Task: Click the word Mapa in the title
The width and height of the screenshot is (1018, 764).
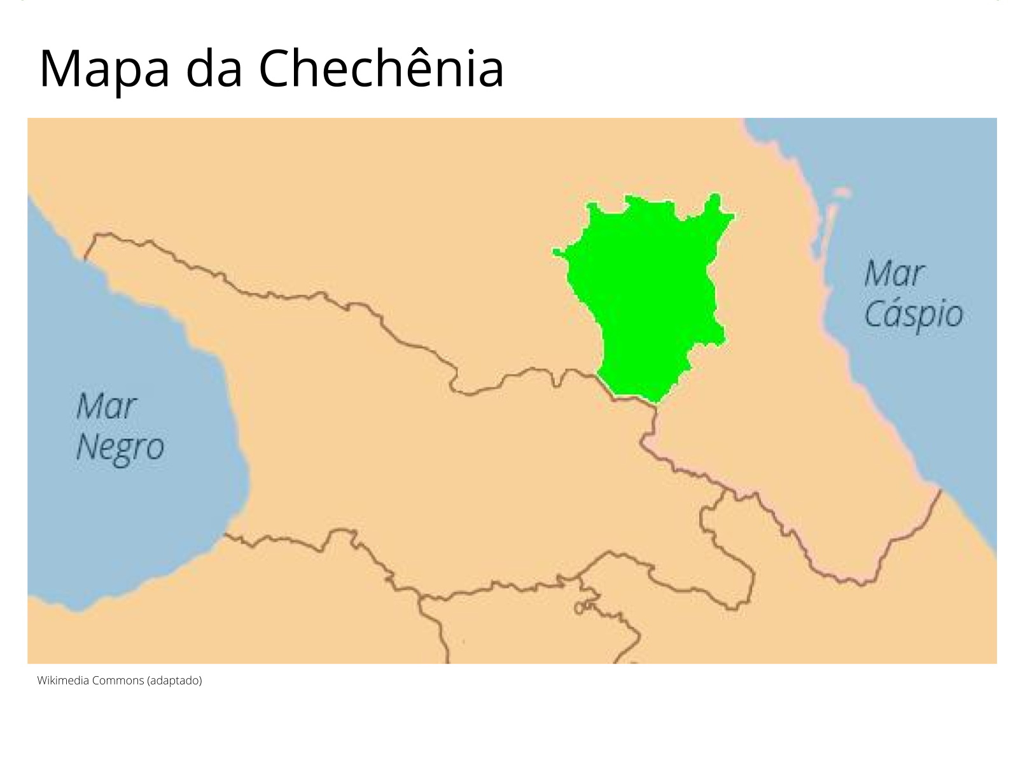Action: pos(104,69)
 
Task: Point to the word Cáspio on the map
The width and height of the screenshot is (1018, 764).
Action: pos(913,315)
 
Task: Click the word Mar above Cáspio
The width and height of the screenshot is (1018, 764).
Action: pos(894,274)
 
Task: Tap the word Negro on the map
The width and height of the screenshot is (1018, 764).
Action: pos(120,448)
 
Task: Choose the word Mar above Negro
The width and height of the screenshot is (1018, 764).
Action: pos(106,406)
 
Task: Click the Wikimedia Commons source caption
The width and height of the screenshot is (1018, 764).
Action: pos(119,681)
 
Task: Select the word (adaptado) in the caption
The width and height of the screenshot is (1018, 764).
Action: pos(174,681)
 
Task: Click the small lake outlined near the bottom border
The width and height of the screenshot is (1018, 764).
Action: pos(580,608)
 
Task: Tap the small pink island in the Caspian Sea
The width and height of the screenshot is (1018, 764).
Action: pos(841,192)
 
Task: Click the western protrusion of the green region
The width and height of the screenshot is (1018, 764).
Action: pos(558,252)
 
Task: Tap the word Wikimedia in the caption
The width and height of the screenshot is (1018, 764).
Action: pos(63,681)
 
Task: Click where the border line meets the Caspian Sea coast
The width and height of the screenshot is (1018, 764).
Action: pos(940,490)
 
